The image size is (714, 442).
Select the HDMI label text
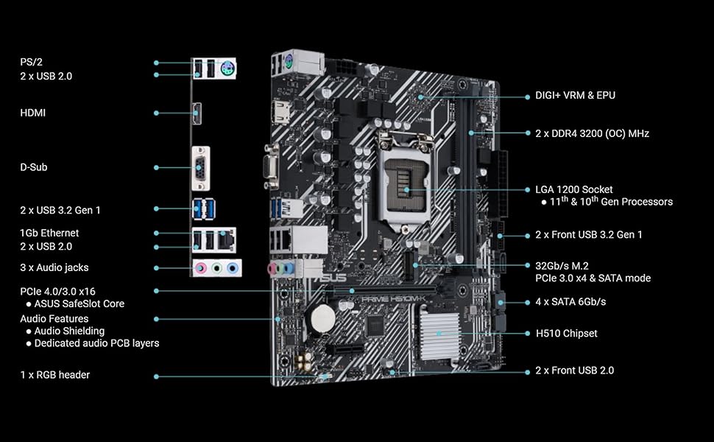coord(32,113)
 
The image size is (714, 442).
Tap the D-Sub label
coord(33,167)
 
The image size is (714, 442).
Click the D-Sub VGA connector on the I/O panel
coord(200,168)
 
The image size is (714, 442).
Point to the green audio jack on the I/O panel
coord(216,269)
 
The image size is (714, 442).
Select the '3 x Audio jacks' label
coord(54,267)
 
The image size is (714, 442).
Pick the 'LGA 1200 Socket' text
coord(573,189)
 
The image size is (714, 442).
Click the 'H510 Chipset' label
coord(566,333)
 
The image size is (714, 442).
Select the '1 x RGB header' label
coord(54,375)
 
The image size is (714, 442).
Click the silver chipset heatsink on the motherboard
coord(439,333)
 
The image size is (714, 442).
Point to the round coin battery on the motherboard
coord(321,318)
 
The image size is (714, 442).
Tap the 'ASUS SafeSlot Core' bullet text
coord(79,304)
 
